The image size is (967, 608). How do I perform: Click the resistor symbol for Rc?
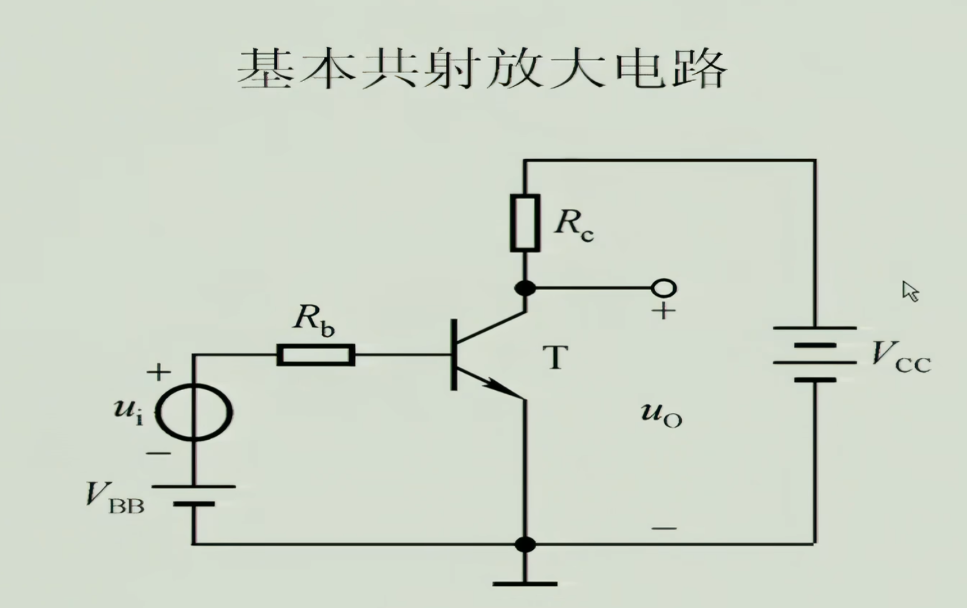click(x=525, y=223)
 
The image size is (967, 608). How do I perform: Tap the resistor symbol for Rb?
click(x=316, y=355)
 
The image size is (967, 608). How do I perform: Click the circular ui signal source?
click(x=193, y=413)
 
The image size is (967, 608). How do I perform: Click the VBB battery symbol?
click(x=193, y=495)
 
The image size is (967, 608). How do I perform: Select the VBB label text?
click(x=115, y=498)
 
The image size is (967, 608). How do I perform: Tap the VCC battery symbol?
click(x=814, y=354)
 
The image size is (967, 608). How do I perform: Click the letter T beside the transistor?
click(x=555, y=358)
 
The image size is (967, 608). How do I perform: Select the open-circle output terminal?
click(x=663, y=288)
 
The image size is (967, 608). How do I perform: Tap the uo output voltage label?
click(x=661, y=414)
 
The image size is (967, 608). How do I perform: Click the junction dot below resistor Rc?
click(x=525, y=288)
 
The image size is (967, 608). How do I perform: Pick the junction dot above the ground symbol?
click(x=525, y=544)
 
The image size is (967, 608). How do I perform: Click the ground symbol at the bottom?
click(x=525, y=583)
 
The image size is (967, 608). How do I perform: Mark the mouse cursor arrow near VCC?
click(x=910, y=291)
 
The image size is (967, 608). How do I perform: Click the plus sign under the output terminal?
click(x=663, y=311)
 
